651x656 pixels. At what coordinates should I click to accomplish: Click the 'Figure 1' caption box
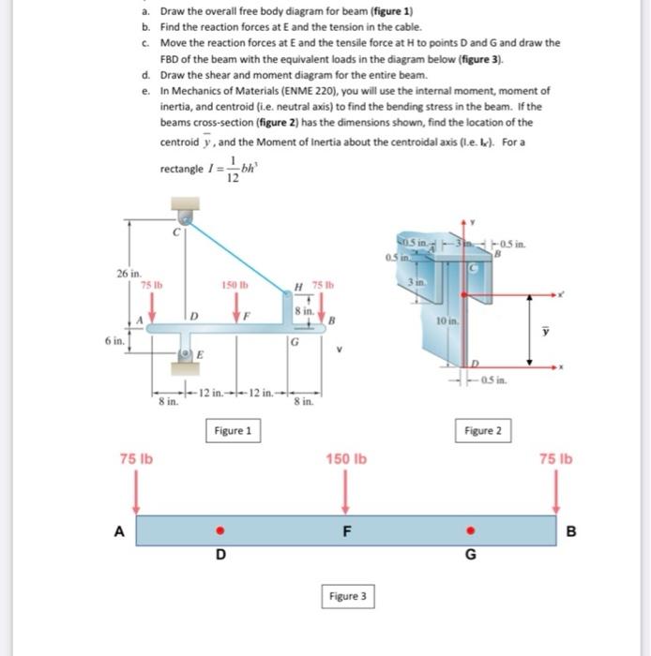click(233, 431)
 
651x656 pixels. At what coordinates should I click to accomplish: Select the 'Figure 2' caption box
click(483, 431)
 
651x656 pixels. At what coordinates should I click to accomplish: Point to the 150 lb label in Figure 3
click(346, 459)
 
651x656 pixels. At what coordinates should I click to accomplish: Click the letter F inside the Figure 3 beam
click(346, 531)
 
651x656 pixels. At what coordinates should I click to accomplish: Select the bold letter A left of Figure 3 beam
click(120, 530)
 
